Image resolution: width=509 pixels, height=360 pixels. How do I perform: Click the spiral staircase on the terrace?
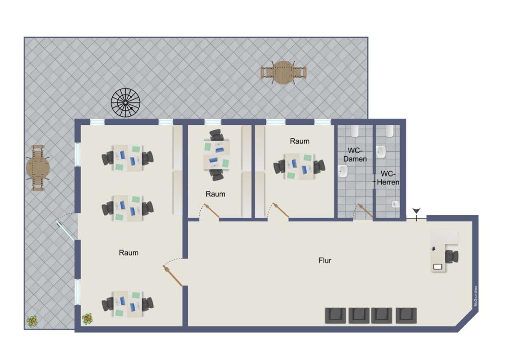click(125, 102)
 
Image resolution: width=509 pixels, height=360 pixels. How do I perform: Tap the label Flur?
click(325, 260)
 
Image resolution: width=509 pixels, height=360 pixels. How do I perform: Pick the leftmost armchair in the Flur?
click(336, 315)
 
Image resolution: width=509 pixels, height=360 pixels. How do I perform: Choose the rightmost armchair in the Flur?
click(406, 315)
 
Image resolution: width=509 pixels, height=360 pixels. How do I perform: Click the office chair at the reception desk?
click(452, 257)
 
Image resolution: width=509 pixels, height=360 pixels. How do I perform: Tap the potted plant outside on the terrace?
click(32, 321)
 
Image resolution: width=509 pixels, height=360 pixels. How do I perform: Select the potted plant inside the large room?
click(87, 318)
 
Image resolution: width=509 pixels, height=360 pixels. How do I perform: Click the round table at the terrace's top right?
click(283, 73)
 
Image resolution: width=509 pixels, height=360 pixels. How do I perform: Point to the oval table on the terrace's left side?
click(38, 168)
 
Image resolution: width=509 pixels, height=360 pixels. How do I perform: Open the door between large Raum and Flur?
click(173, 275)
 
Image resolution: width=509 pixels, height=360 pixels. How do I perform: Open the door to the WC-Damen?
click(365, 211)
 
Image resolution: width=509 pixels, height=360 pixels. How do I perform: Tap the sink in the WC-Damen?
click(343, 172)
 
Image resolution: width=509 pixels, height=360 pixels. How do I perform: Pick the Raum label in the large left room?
click(128, 253)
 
